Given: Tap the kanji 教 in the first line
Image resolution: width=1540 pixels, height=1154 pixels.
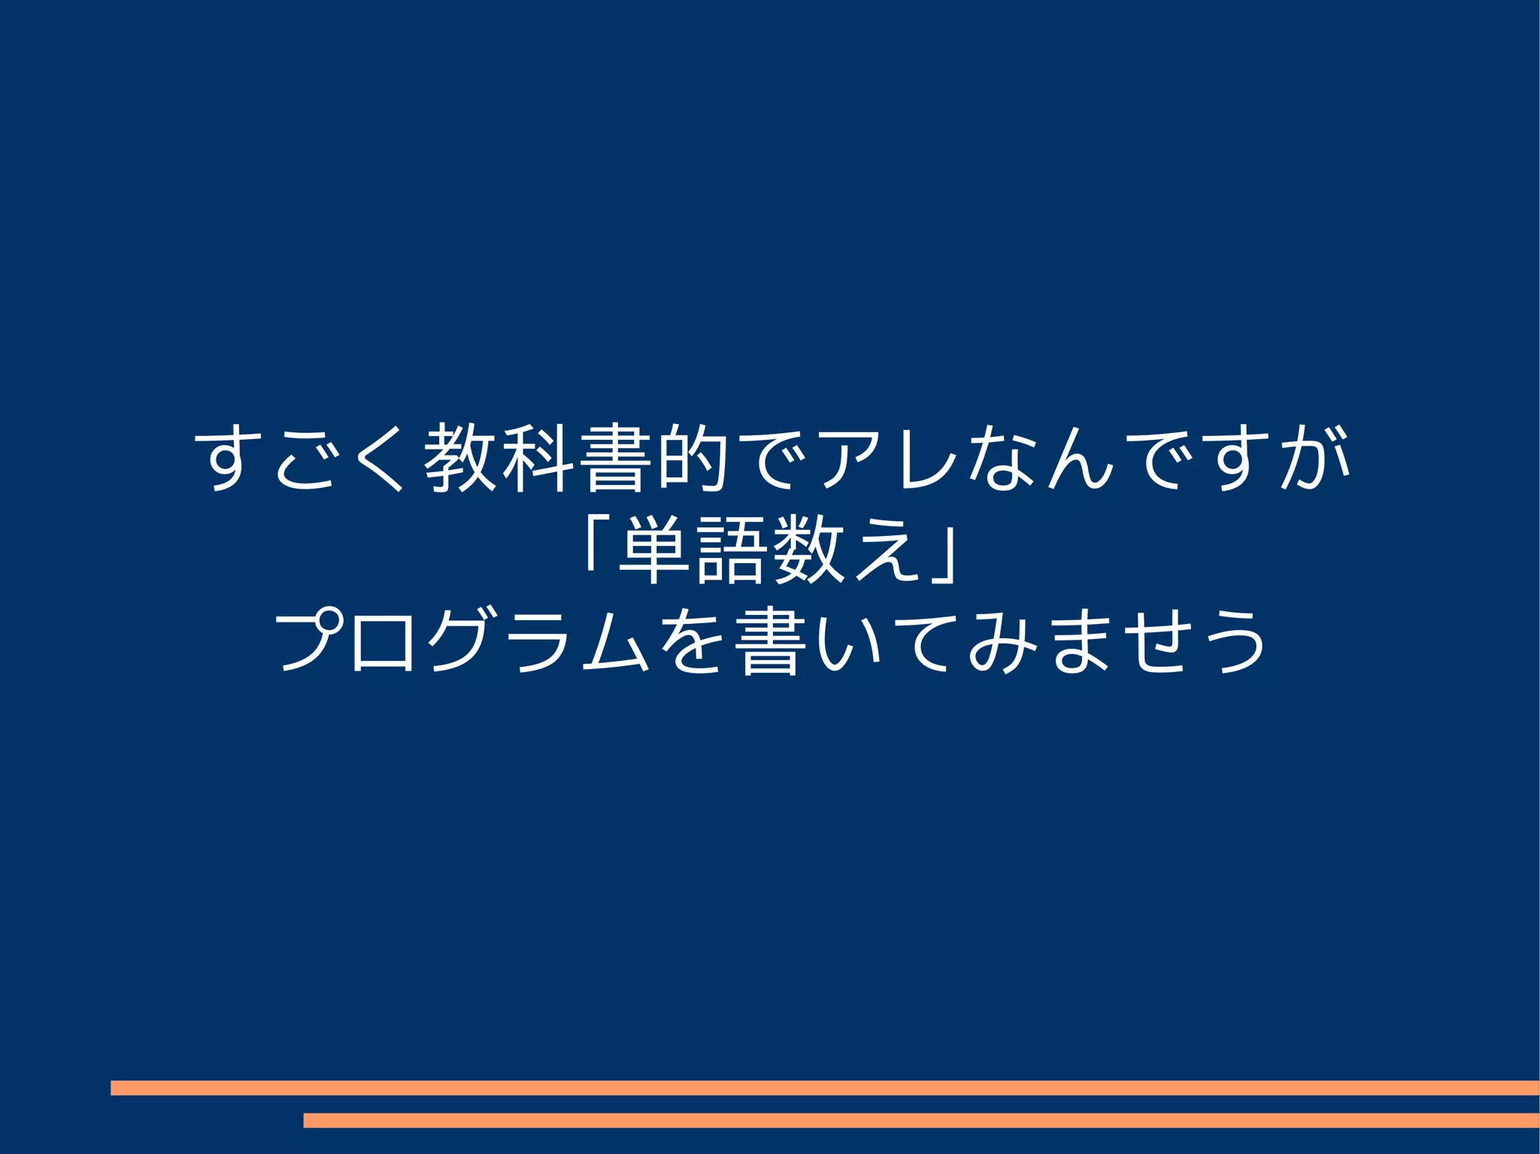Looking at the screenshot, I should coord(460,459).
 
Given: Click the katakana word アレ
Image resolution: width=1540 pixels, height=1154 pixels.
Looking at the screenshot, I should coord(887,459).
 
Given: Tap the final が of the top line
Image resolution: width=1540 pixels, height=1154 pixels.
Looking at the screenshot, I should coord(1316,459).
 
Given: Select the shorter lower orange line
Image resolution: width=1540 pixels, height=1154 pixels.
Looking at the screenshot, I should coord(920,1120).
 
